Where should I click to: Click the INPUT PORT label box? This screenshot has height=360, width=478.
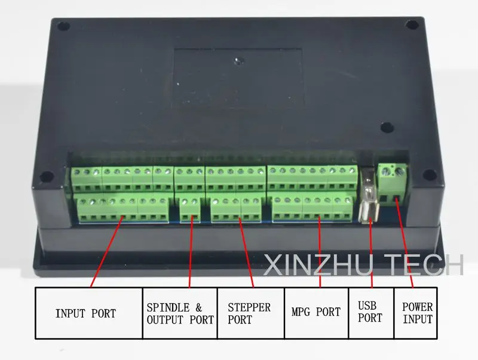88,313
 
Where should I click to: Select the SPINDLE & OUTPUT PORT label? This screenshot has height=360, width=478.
180,313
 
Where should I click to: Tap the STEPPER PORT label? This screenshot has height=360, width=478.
249,313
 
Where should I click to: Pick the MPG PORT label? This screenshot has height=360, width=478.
316,312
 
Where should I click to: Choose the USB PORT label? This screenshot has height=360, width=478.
370,312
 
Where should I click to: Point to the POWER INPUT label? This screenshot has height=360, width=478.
417,313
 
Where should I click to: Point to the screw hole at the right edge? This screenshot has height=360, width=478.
428,174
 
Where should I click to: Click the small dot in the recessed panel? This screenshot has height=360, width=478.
237,60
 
